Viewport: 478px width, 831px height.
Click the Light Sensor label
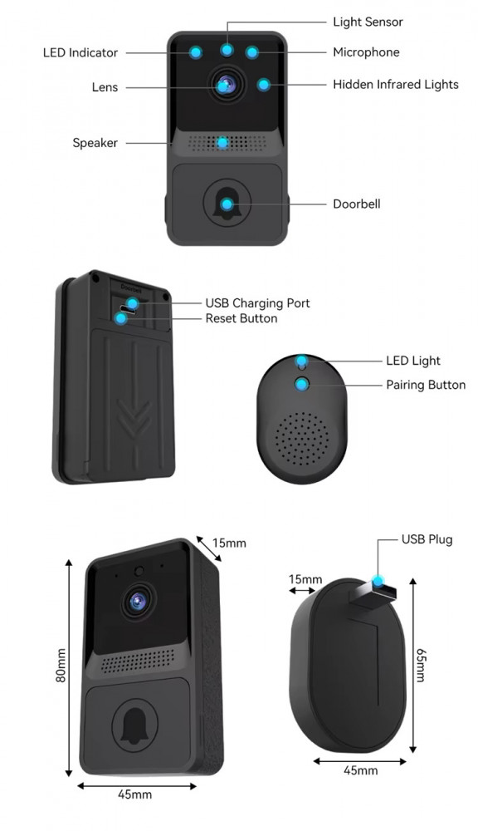[368, 22]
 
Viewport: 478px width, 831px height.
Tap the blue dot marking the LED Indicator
[196, 52]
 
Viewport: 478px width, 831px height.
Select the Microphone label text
[366, 52]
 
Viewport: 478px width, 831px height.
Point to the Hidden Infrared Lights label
[395, 84]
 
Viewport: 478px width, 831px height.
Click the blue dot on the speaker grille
[223, 143]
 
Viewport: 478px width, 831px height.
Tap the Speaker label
[95, 143]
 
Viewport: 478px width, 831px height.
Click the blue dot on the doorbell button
[227, 204]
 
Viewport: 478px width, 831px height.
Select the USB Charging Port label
[257, 303]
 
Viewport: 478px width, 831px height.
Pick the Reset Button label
[241, 318]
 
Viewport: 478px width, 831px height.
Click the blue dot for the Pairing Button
[302, 385]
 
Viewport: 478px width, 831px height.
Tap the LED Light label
[413, 361]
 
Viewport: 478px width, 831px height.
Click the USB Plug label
[427, 539]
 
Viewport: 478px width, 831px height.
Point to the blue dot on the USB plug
[378, 582]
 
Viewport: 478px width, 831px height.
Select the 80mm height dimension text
[61, 665]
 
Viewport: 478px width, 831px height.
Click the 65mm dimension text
[420, 665]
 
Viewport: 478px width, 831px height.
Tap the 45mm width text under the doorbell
[134, 794]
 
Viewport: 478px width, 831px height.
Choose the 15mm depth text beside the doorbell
[229, 543]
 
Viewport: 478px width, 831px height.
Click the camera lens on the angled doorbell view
[138, 601]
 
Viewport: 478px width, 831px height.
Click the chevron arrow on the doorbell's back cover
[134, 419]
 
